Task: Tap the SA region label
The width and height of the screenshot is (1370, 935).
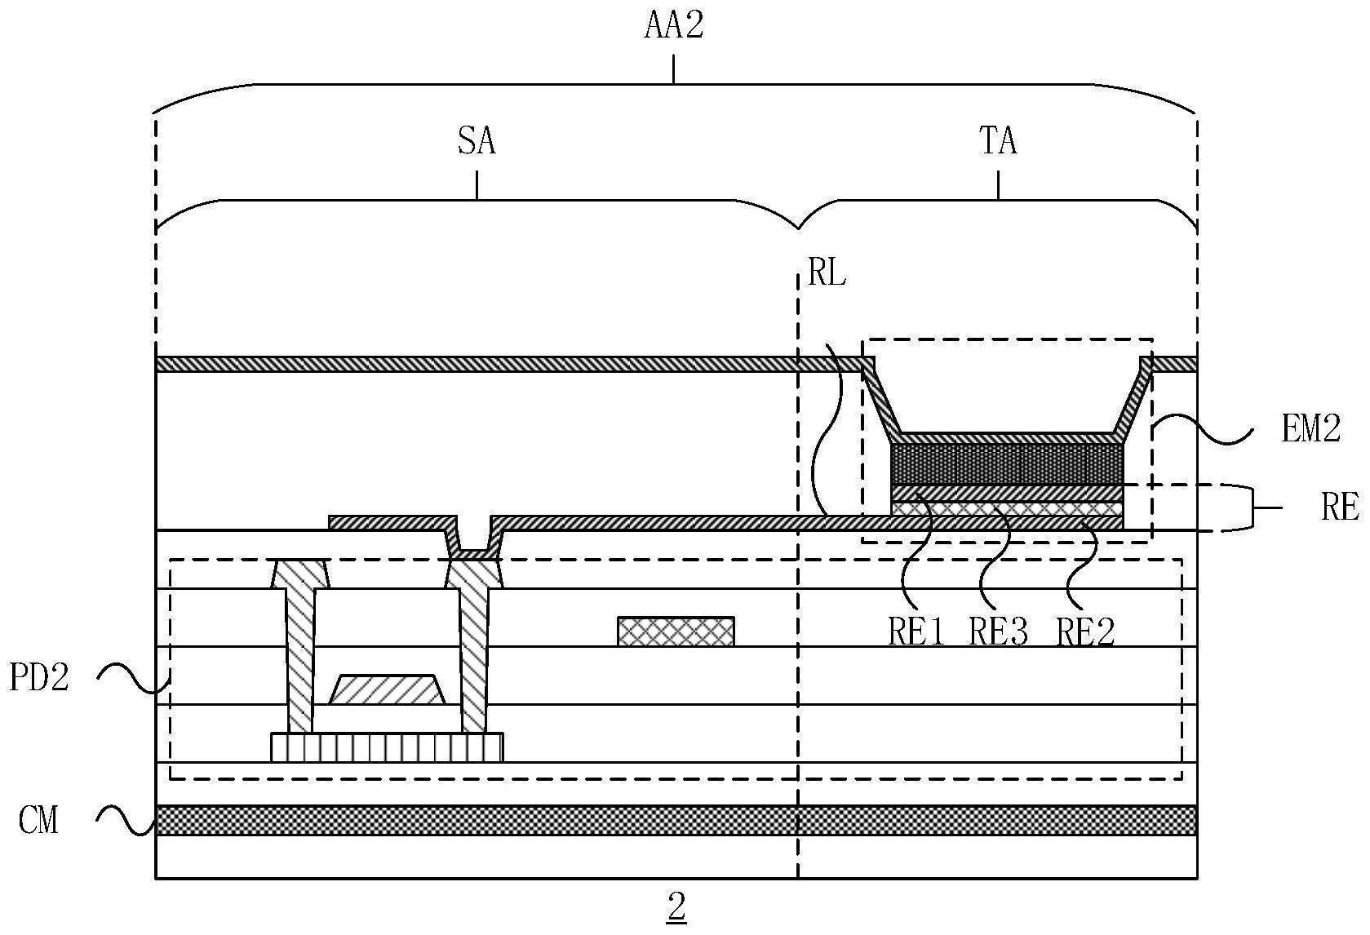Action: click(477, 142)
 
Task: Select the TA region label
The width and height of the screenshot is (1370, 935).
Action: click(998, 142)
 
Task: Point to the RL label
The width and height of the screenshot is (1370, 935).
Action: click(827, 274)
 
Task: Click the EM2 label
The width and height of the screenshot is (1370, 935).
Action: click(1310, 428)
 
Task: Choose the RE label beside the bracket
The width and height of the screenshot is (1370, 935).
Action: click(1339, 507)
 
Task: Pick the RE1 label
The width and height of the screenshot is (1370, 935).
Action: click(916, 631)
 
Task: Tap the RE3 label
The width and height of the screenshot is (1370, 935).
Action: click(998, 631)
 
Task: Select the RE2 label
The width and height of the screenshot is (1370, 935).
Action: click(1085, 631)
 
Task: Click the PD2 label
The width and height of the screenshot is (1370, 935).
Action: click(39, 677)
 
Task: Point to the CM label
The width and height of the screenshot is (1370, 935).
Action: click(39, 820)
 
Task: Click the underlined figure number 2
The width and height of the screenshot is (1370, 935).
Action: click(676, 906)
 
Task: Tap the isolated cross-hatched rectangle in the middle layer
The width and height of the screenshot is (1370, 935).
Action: click(676, 631)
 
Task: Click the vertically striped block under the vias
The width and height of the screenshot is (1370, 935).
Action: click(387, 747)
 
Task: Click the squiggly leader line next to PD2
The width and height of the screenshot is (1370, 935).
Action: click(131, 677)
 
